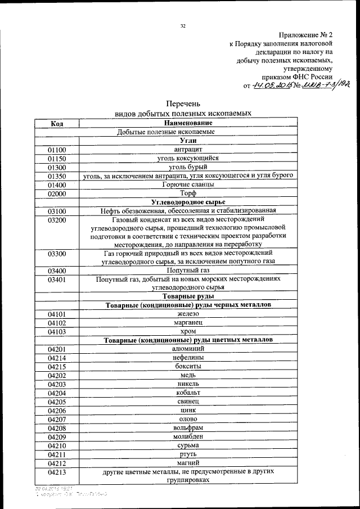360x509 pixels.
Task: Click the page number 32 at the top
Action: (x=183, y=26)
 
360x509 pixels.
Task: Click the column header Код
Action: (x=56, y=123)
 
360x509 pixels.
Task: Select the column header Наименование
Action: (x=188, y=123)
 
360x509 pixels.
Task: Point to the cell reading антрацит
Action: (x=188, y=150)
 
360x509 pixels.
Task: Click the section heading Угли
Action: (x=188, y=141)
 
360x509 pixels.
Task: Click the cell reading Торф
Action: (x=188, y=193)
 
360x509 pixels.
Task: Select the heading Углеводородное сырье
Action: (x=188, y=202)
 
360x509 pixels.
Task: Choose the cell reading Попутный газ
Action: (x=188, y=271)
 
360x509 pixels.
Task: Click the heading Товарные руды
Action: (x=188, y=296)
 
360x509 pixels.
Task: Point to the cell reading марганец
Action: (x=188, y=323)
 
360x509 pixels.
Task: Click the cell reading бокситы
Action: (x=188, y=367)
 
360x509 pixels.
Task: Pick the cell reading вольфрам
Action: (x=188, y=428)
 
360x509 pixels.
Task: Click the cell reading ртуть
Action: (x=188, y=454)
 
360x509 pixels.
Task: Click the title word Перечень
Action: (x=183, y=103)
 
